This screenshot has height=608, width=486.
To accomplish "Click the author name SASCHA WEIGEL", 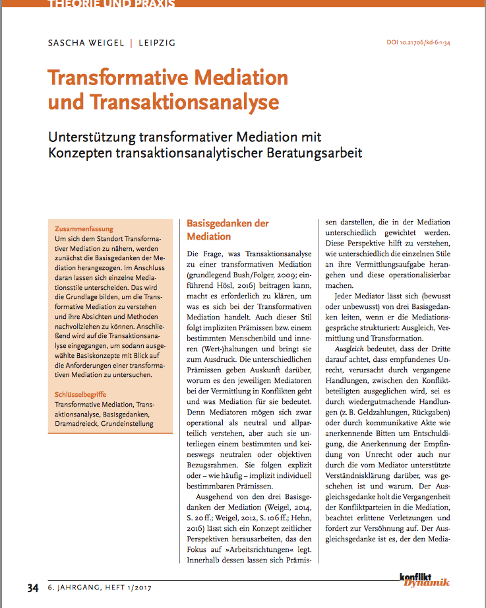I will (86, 44).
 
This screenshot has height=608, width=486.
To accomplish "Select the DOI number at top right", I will (423, 44).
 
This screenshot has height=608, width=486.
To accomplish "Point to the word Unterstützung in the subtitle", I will (92, 138).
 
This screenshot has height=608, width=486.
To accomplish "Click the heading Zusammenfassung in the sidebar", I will (84, 229).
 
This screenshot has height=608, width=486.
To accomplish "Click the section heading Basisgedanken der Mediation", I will (228, 230).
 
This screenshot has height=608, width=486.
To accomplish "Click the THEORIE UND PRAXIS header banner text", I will (111, 4).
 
